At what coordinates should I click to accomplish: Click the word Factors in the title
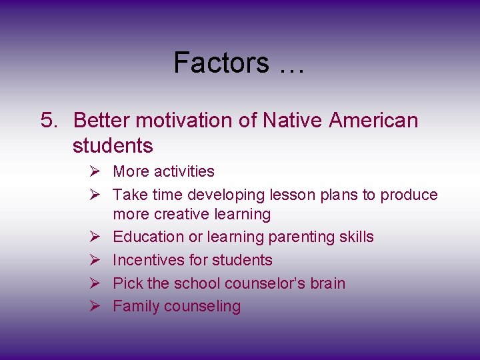[221, 63]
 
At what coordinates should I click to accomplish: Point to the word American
[374, 121]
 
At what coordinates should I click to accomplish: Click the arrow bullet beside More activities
[94, 171]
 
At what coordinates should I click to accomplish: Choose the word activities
[184, 171]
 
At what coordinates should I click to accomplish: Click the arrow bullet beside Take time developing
[94, 195]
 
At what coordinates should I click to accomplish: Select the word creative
[181, 214]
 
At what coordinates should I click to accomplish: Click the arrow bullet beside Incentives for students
[94, 260]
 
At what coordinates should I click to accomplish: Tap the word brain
[327, 283]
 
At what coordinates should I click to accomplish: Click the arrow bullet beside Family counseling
[94, 307]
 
